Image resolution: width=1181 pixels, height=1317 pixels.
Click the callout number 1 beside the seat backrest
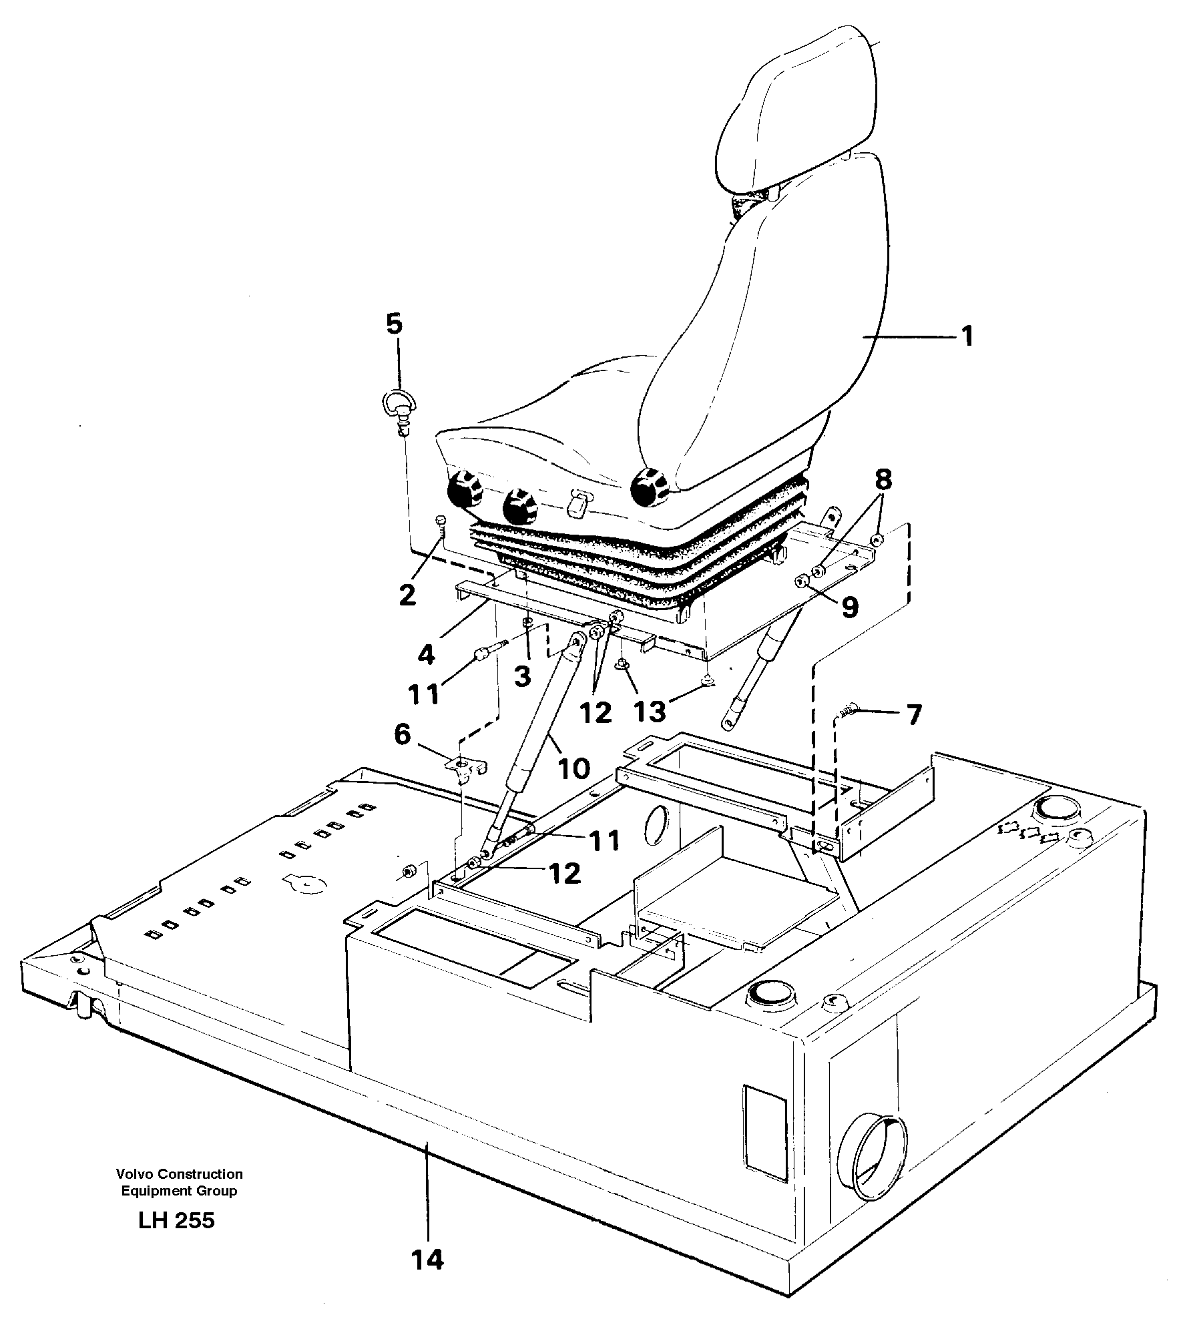coord(966,336)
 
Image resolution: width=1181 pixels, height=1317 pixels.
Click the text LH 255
coord(177,1220)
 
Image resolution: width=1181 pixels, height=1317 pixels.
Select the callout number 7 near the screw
coord(913,716)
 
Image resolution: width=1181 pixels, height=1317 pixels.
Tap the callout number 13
coord(650,712)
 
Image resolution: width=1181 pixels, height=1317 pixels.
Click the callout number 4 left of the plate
coord(426,655)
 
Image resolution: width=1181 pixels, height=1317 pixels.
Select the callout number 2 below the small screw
coord(407,593)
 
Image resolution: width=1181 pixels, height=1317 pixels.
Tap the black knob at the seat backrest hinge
coord(646,486)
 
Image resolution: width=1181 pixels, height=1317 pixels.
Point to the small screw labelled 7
coord(847,712)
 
